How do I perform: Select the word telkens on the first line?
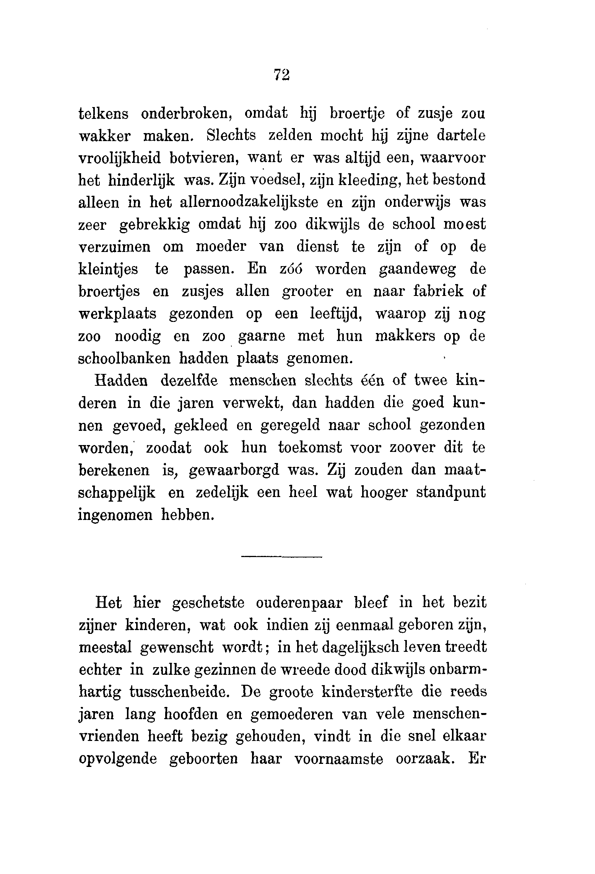[x=103, y=114]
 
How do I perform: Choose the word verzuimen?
[x=114, y=247]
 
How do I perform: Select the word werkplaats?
[x=117, y=314]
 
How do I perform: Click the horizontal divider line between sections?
[x=281, y=556]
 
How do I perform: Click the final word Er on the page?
[x=476, y=758]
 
